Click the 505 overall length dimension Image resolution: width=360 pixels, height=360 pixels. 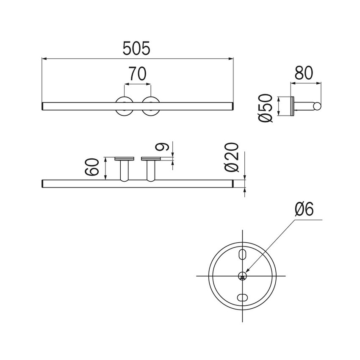136,49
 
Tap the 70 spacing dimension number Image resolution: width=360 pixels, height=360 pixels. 137,75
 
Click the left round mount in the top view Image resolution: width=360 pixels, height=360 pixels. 124,106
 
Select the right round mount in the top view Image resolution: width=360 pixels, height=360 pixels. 150,106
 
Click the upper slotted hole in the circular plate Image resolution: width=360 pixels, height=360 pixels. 243,254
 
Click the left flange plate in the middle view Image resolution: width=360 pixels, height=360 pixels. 124,159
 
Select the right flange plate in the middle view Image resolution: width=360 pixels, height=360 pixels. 150,159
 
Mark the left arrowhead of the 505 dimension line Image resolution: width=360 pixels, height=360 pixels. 44,58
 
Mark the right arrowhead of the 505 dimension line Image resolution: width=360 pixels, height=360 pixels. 232,58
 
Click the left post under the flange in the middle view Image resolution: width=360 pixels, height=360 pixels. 124,171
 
